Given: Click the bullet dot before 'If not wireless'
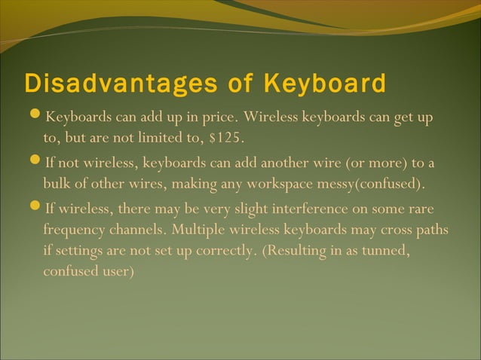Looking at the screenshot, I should [37, 162].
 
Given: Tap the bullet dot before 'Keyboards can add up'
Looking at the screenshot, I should [37, 117].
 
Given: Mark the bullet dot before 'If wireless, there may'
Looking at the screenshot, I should [37, 207].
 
